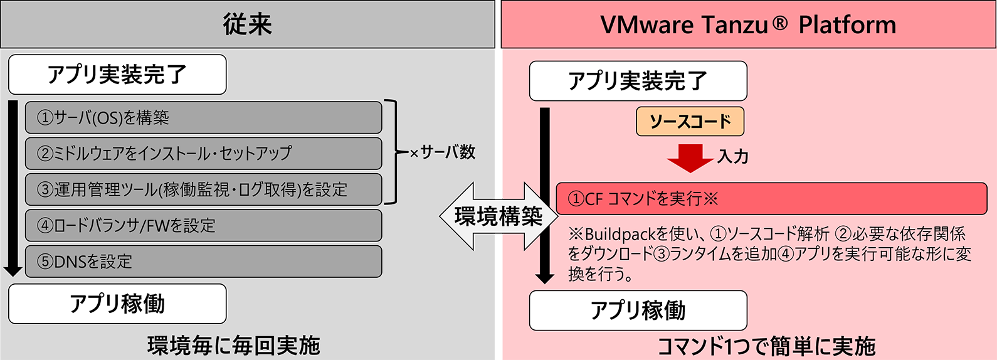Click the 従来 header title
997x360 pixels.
[248, 24]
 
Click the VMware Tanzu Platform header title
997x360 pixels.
[748, 24]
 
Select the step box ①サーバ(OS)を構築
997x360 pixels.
[203, 117]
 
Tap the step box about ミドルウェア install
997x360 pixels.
[203, 154]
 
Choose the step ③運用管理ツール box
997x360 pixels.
[203, 189]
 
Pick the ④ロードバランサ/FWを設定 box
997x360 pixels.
[203, 226]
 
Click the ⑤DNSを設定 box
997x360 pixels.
[203, 262]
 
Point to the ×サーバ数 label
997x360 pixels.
[443, 152]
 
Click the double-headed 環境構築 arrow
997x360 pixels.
[498, 216]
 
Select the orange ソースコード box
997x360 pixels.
[690, 122]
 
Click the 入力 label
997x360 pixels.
[732, 157]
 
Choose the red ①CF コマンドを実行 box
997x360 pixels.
[772, 198]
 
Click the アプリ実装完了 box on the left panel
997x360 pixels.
[117, 74]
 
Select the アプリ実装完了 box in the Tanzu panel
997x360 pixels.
[638, 81]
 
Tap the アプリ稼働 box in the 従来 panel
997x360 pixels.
[117, 304]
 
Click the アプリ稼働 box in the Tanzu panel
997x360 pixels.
[638, 310]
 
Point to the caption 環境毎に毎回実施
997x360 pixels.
[234, 346]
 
